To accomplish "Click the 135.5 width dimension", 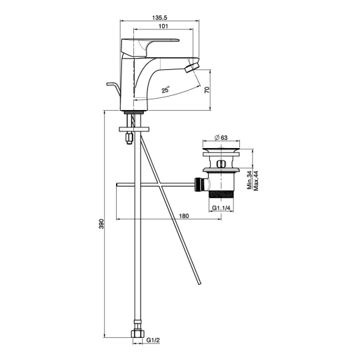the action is (159, 17).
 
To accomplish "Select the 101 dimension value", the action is (163, 26).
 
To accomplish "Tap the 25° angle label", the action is (165, 89).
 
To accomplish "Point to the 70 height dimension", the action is (207, 90).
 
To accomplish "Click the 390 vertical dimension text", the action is (101, 224).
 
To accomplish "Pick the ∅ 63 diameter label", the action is (221, 137).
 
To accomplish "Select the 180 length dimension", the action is (184, 216).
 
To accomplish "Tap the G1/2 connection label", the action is (153, 340).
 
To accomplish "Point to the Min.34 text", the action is (250, 181).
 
